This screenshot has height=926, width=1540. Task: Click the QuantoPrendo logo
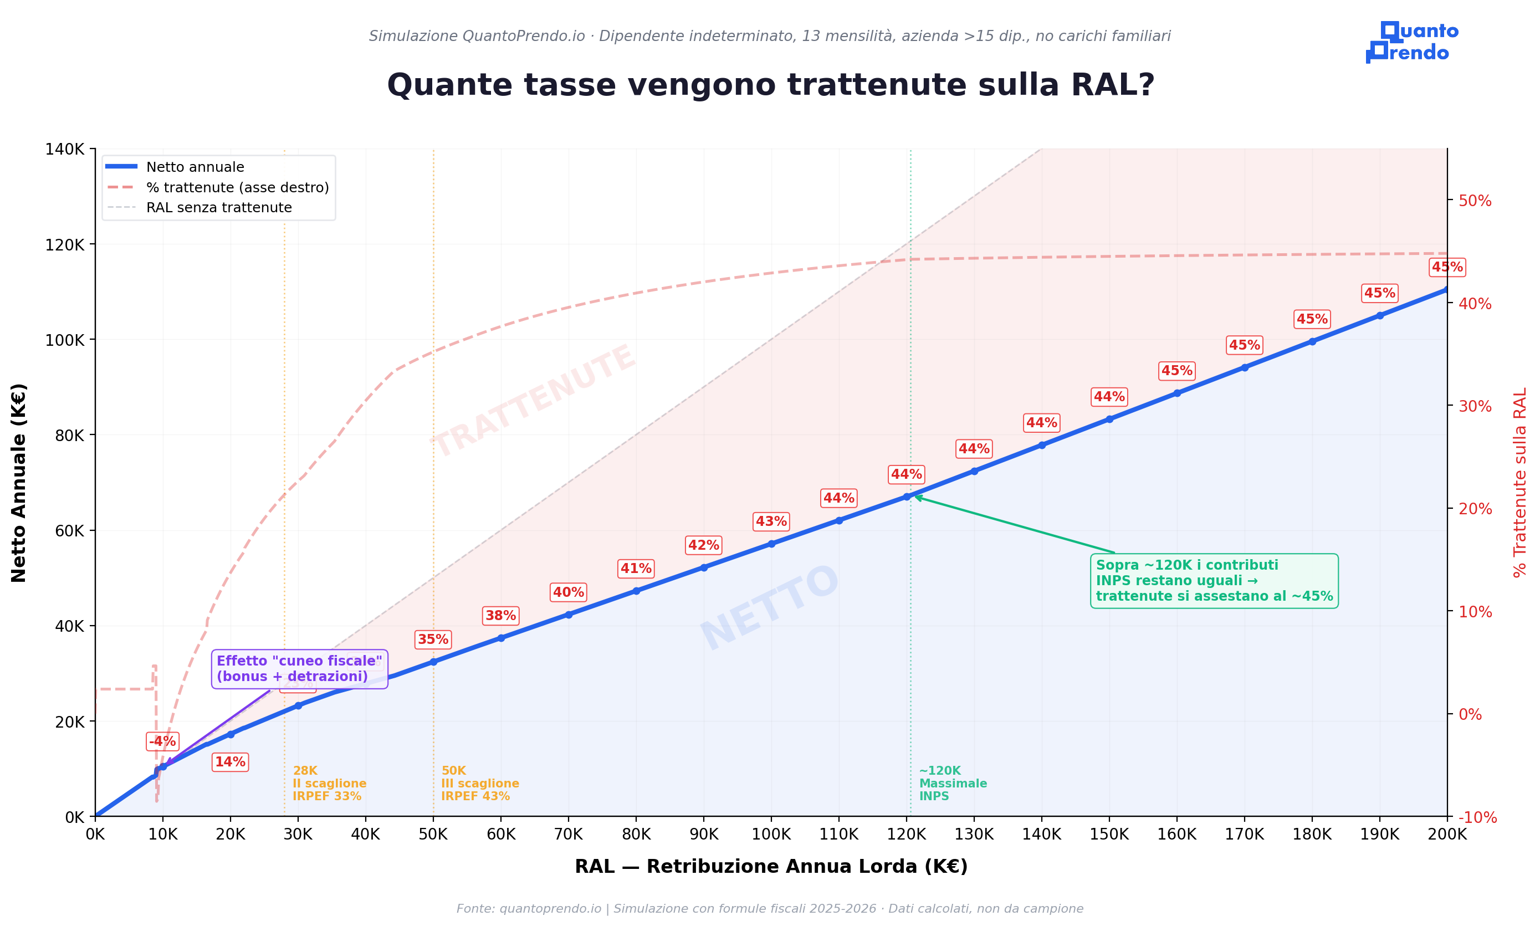(x=1411, y=42)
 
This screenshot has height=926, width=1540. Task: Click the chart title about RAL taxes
(x=770, y=85)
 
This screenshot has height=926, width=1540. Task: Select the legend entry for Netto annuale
(x=195, y=167)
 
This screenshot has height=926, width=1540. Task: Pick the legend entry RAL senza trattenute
(x=218, y=208)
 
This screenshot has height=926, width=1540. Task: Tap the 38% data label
(x=500, y=616)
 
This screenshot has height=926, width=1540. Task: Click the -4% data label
(x=162, y=741)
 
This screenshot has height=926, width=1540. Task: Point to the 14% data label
(x=230, y=762)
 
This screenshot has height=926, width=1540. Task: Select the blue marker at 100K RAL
(x=771, y=544)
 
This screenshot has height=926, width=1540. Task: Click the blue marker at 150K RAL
(x=1109, y=419)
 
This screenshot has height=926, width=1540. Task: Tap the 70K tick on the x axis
(x=569, y=834)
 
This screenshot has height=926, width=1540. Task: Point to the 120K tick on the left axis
(x=65, y=244)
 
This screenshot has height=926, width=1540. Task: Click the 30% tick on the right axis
(x=1475, y=406)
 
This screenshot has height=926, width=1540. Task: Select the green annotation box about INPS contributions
(x=1214, y=580)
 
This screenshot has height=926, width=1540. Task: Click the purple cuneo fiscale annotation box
(x=299, y=669)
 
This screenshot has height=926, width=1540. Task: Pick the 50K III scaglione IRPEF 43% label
(x=479, y=783)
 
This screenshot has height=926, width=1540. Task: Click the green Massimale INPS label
(x=952, y=783)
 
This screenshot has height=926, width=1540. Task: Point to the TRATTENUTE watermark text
(x=534, y=401)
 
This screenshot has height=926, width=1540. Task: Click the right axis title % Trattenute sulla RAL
(x=1519, y=482)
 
